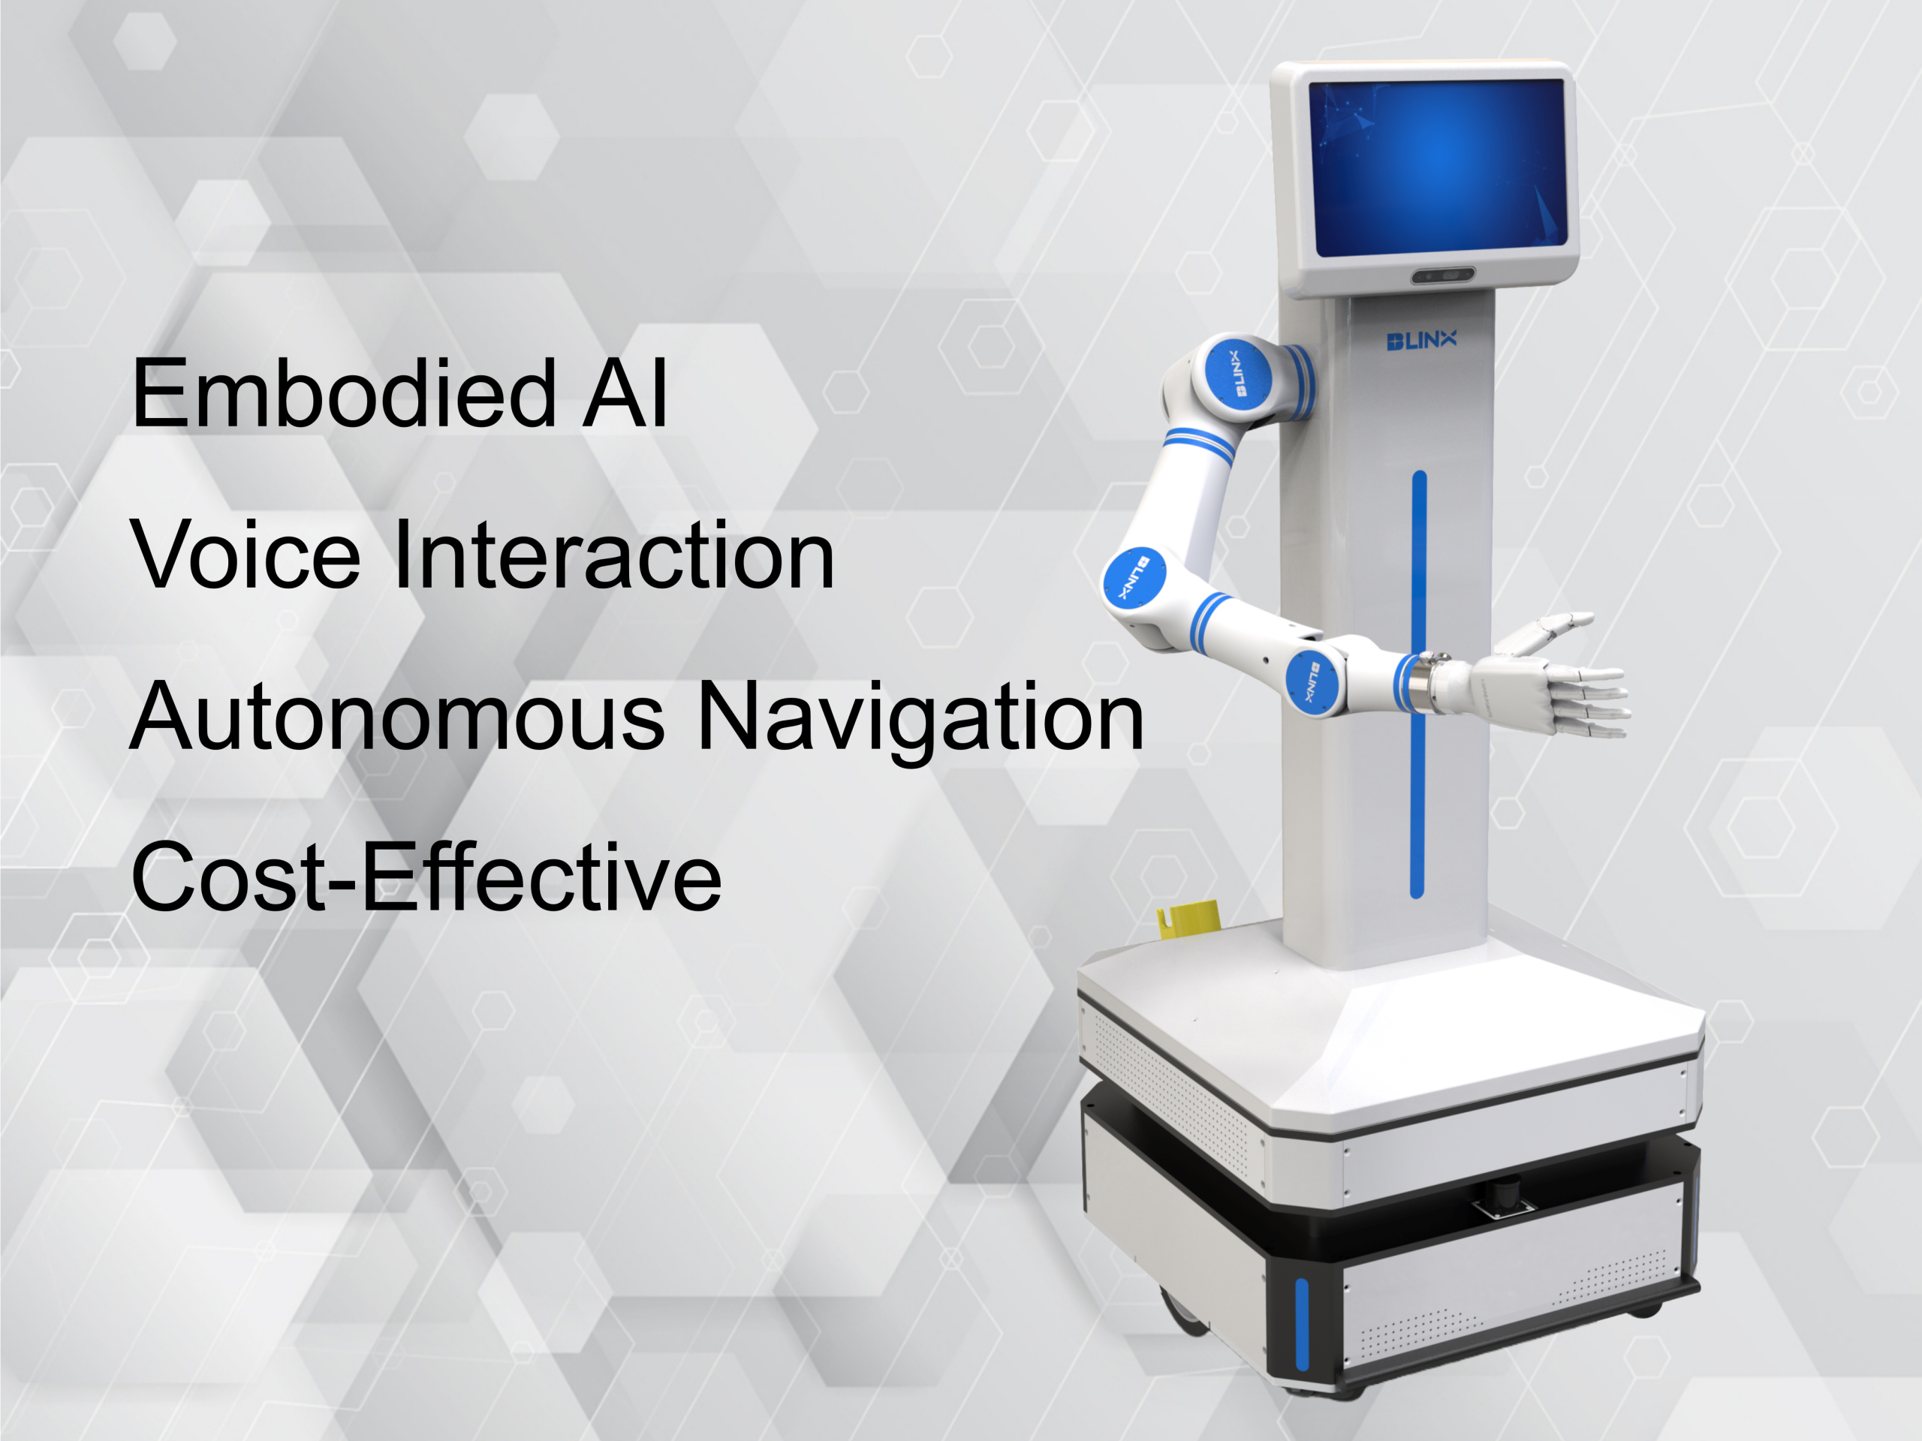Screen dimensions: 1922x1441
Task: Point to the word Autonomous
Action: coord(396,717)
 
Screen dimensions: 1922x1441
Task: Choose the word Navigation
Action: coord(920,721)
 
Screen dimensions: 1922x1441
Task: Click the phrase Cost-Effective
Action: coord(426,877)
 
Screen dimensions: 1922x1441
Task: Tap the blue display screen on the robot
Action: coord(1438,167)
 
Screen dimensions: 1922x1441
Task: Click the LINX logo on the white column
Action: coord(1421,340)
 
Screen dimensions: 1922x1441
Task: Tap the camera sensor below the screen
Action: coord(1442,276)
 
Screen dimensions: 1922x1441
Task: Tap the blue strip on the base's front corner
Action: coord(1302,1325)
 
